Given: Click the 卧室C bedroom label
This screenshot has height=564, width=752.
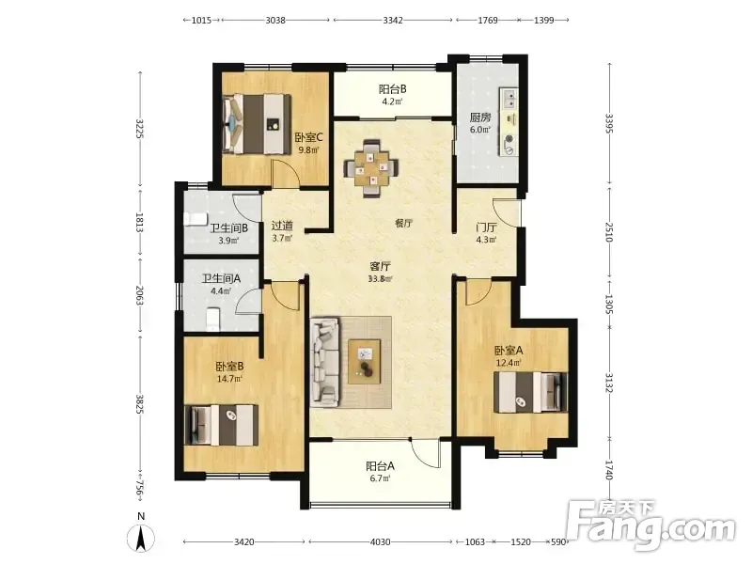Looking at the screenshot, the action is coord(308,137).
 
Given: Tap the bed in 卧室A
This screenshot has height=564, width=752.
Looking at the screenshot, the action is coord(530,392).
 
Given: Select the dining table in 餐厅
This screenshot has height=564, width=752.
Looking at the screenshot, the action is coord(371,168).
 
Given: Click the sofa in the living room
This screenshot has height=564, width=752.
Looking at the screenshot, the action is coord(325,361).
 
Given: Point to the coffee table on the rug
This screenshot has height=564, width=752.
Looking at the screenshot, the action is coord(365,361).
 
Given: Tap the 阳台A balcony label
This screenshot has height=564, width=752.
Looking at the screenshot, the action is coord(380,465).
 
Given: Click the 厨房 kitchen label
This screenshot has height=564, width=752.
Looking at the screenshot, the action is coord(480,117).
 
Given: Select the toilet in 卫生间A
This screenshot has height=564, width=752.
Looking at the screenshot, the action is coord(212,319).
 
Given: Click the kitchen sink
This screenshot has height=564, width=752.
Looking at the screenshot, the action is coord(509,99).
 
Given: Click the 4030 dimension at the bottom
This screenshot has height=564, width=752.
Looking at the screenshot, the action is coord(380,542).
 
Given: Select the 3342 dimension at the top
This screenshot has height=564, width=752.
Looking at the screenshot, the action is coord(393,20).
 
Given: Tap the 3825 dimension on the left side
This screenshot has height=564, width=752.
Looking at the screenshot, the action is coord(139,404).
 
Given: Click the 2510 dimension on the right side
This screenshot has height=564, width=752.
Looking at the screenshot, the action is coord(609,231).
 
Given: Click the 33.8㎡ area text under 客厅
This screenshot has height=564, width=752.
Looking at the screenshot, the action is coord(380,279).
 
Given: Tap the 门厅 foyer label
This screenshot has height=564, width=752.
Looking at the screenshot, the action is coord(486,227).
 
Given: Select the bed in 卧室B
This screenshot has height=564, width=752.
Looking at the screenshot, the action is coord(222,425).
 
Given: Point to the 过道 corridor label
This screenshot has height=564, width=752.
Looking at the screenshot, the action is coord(282,226).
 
